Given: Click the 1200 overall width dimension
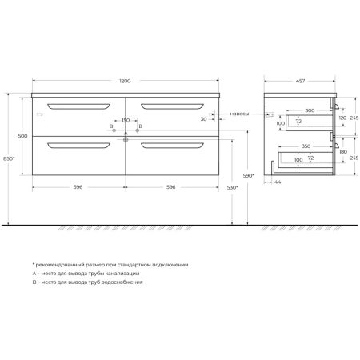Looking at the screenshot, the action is coord(125,81).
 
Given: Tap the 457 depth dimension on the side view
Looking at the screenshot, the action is coord(300,81).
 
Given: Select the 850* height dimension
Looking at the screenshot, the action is coord(9,158).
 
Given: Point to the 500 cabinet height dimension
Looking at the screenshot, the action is coord(22,136).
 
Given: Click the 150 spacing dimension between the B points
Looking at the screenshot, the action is coord(126,120).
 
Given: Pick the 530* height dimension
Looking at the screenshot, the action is coord(232,188).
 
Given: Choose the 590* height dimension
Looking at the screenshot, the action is coord(248,176).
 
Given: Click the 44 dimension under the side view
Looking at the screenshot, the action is coord(278,182).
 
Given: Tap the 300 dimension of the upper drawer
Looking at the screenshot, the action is coord(310,110).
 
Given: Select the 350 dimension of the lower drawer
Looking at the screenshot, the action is coord(306,146).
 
